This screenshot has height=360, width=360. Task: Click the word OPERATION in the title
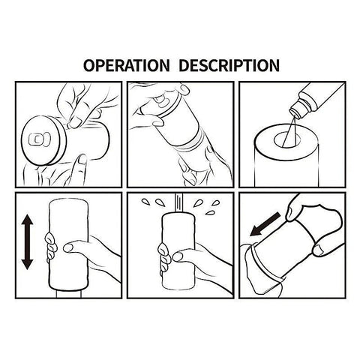pos(126,65)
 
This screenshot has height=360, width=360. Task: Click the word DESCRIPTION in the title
pos(229,65)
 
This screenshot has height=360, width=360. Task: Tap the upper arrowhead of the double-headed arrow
pos(27,220)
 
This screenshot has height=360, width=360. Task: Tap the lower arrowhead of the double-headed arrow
pos(27,264)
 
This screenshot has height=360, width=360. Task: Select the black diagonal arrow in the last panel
pos(265,224)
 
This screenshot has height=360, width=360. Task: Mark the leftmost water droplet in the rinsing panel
pos(145,202)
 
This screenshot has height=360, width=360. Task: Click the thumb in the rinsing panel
pos(184,255)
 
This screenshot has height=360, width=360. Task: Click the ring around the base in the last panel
pos(265,265)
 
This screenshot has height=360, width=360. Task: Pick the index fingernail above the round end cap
pos(74,123)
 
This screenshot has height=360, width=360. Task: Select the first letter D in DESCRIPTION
pos(184,65)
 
